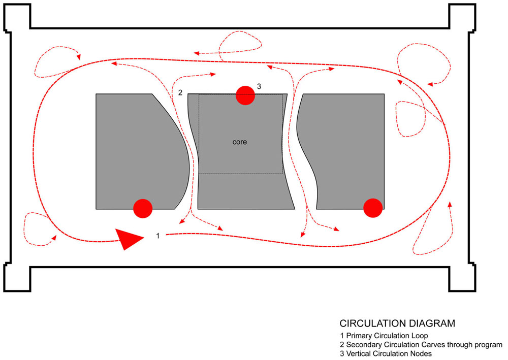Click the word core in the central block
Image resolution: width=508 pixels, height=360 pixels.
tap(239, 142)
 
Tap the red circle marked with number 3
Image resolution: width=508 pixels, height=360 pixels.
tap(245, 95)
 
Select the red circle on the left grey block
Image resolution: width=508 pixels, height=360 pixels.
tap(143, 209)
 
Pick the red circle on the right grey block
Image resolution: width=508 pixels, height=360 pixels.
tap(373, 208)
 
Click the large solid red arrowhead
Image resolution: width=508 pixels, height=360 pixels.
tap(129, 239)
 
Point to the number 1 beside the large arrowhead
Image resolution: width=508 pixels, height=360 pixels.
tap(158, 236)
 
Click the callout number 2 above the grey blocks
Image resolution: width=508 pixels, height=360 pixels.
tap(180, 92)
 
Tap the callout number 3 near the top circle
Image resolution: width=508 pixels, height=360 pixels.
tap(259, 86)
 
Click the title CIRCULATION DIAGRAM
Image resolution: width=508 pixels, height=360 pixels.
tap(397, 323)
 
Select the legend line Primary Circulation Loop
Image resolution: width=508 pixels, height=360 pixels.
tap(384, 336)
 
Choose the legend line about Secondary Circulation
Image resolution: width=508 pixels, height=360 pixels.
tap(421, 345)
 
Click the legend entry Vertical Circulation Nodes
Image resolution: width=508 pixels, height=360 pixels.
tap(386, 354)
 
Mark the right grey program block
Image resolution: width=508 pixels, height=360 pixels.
tap(346, 152)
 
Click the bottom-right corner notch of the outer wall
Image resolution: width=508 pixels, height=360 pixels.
tap(462, 278)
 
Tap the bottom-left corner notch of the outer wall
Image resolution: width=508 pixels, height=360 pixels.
tap(17, 278)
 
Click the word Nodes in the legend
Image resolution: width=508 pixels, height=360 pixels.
tap(421, 354)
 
